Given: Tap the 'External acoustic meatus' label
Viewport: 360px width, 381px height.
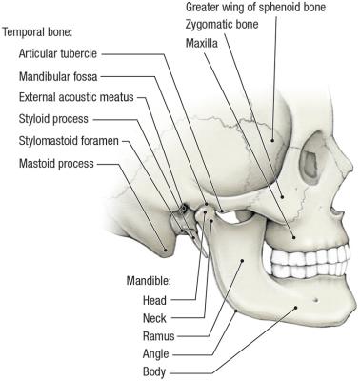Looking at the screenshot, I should pos(70,97).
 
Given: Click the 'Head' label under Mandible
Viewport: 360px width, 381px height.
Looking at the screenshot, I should pos(154,300).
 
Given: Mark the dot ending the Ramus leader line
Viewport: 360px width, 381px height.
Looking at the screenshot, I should pos(244,259).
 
